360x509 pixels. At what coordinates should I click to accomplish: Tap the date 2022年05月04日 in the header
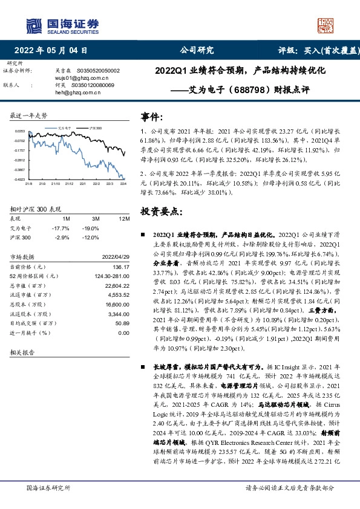[x=51, y=51]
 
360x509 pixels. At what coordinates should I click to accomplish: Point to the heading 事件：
[x=151, y=116]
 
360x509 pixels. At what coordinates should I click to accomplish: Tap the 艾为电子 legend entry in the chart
[x=65, y=129]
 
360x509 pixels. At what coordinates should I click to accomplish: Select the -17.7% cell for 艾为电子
[x=62, y=228]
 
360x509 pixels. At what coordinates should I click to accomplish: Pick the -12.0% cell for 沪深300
[x=91, y=238]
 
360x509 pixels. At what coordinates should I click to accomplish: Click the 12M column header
[x=125, y=218]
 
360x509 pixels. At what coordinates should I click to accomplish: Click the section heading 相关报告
[x=22, y=351]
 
